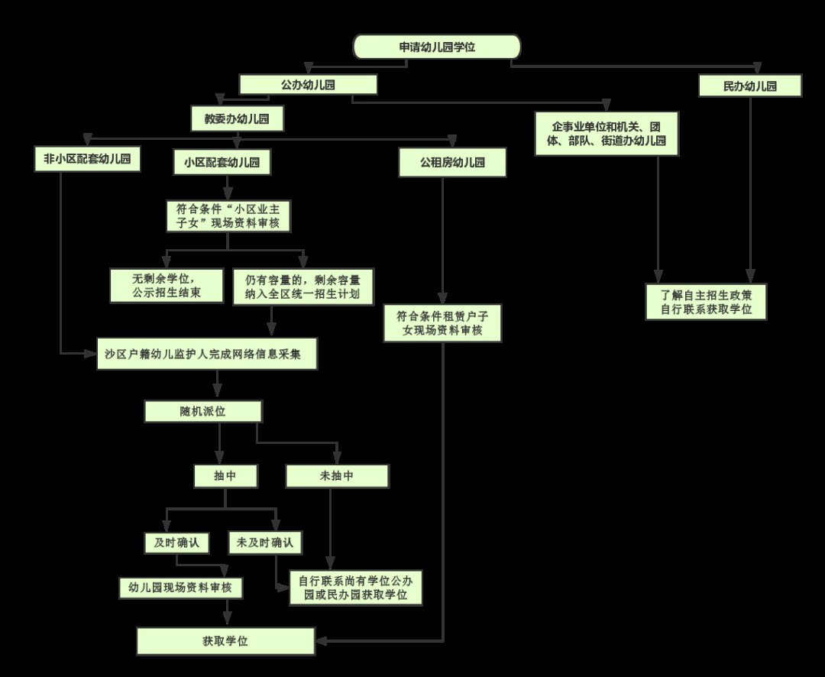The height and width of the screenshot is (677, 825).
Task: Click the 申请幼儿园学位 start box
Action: click(x=436, y=47)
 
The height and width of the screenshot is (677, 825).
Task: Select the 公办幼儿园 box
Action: click(x=308, y=85)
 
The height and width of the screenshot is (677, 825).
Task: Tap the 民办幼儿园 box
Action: click(x=750, y=86)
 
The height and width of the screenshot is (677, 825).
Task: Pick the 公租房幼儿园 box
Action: click(x=453, y=163)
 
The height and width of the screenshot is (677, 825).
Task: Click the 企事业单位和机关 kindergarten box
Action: click(x=607, y=134)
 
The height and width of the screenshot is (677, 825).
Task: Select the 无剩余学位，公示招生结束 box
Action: click(x=167, y=287)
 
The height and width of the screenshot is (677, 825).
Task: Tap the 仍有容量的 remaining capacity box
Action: click(x=302, y=287)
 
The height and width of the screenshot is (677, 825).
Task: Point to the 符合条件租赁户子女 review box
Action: click(x=443, y=322)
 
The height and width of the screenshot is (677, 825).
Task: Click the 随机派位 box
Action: click(x=203, y=412)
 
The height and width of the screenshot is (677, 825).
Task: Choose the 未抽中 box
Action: click(x=337, y=476)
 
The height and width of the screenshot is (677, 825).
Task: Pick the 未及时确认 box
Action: click(x=265, y=543)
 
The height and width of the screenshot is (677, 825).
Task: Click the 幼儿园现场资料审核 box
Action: click(x=181, y=588)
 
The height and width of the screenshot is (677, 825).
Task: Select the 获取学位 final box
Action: click(x=225, y=641)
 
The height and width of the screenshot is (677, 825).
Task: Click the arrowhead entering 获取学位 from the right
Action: click(x=322, y=640)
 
